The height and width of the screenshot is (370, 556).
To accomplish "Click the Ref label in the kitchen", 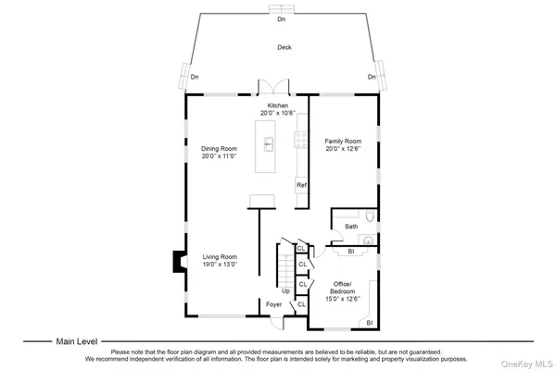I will point(301,185).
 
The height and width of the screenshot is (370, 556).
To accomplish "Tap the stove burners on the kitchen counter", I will point(301,140).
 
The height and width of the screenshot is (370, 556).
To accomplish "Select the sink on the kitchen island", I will point(269,142).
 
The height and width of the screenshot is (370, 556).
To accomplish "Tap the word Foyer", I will point(274,304).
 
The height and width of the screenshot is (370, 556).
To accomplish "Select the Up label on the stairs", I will point(285,290).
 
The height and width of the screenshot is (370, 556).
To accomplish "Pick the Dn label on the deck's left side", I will point(195,77).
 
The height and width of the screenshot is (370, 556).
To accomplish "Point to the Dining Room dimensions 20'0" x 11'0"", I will point(220,156).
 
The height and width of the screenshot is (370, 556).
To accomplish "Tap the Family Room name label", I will point(342,141).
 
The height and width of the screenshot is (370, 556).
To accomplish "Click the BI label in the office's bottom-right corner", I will point(369,322).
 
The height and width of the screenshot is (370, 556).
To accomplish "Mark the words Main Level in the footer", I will point(77,341).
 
